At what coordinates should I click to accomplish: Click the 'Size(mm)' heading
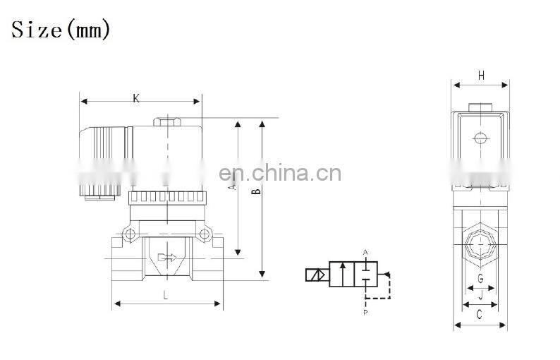coord(61,30)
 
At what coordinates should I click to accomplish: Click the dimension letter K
coord(136,98)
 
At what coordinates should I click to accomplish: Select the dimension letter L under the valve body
coord(165,295)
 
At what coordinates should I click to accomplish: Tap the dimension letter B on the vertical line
coord(256,191)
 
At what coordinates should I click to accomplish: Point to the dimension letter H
coord(481,76)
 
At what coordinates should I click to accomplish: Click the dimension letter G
coord(481,278)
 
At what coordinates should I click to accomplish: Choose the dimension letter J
coord(481,295)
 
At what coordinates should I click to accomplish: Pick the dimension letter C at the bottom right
coord(480,314)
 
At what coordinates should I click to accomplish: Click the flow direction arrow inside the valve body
coord(167,258)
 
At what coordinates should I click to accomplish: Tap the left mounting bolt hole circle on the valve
coord(130,234)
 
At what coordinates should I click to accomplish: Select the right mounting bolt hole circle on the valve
coord(205,234)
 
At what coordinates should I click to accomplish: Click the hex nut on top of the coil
coord(167,122)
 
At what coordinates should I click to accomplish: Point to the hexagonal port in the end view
coord(481,245)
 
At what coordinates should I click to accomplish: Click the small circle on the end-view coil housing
coord(481,138)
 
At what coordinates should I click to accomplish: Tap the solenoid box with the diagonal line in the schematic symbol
coord(315,275)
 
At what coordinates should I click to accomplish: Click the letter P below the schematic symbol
coord(365,313)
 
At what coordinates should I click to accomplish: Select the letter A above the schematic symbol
coord(365,253)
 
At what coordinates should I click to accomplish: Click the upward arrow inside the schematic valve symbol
coord(343,273)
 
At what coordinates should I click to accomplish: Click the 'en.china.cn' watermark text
coord(281,173)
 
